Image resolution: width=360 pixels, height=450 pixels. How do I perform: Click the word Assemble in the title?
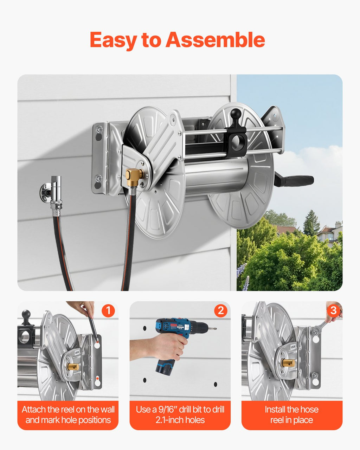[x=215, y=40]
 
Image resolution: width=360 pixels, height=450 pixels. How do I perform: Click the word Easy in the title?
[x=113, y=40]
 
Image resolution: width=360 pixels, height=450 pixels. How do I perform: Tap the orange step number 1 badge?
[x=108, y=310]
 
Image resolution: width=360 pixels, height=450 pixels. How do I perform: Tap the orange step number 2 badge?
[x=221, y=310]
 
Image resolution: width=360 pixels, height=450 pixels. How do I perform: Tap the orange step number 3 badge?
[x=333, y=310]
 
